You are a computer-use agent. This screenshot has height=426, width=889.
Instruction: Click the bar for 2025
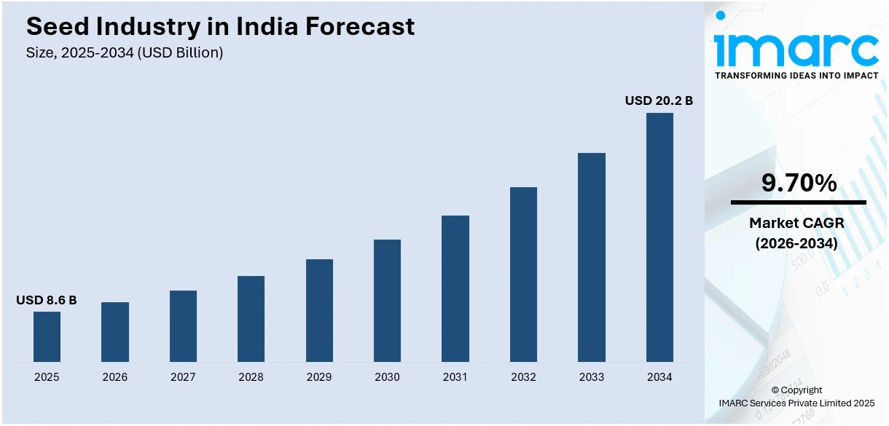pos(47,336)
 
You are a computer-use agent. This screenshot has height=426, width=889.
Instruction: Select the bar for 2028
pos(251,318)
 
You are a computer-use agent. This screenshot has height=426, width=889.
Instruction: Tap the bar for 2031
pos(455,288)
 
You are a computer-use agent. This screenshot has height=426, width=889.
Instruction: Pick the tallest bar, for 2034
pos(659,237)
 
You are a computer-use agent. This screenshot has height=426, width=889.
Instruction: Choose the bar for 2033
pos(591,257)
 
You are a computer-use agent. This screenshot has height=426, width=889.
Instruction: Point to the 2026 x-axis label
pos(115,377)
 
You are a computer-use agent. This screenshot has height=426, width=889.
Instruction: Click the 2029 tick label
pos(319,377)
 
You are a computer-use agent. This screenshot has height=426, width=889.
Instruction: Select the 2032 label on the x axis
pos(523,377)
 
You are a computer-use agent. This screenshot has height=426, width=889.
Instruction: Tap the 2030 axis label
pos(387,377)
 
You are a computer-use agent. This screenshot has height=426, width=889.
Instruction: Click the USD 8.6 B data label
pos(47,300)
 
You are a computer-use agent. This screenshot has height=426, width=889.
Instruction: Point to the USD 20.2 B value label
pos(659,100)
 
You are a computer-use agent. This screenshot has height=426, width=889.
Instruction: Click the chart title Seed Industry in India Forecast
pos(220,27)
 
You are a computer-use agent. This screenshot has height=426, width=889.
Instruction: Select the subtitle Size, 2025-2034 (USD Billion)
pos(125,52)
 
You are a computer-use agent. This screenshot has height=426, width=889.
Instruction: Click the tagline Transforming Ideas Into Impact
pos(796,75)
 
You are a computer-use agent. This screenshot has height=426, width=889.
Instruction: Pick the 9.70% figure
pos(799,184)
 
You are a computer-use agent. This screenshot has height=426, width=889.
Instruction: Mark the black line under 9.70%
pos(799,202)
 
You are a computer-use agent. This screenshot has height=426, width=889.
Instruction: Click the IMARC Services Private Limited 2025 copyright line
pos(796,403)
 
